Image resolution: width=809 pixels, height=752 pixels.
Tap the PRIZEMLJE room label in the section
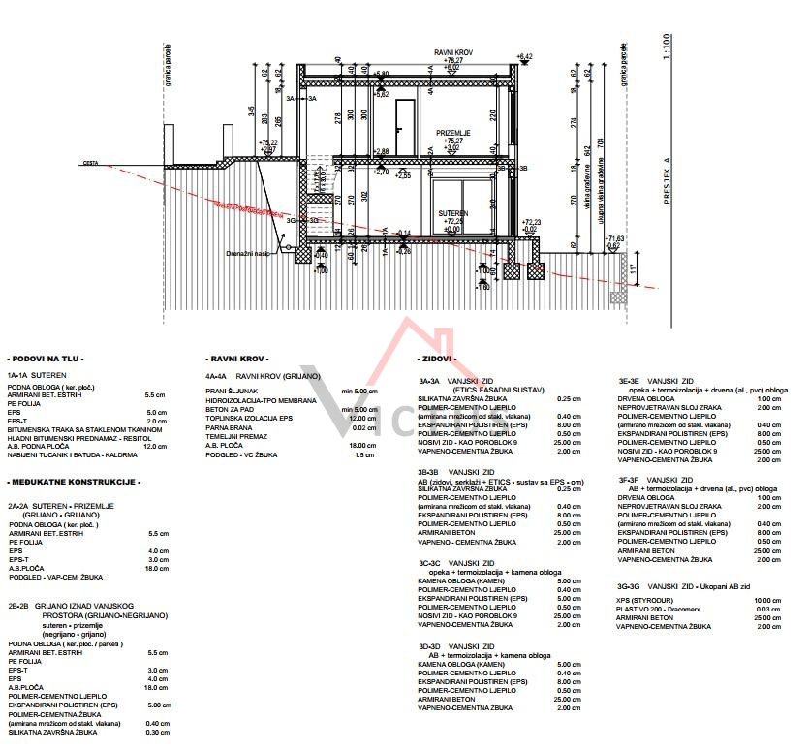(x=453, y=132)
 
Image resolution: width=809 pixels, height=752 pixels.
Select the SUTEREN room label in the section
(x=452, y=213)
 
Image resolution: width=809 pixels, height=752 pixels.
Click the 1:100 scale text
(x=666, y=47)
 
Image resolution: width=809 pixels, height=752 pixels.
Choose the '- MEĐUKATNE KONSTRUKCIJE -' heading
(x=74, y=482)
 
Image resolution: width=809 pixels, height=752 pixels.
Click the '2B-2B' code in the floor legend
(x=16, y=606)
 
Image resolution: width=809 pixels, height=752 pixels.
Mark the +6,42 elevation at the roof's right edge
(x=525, y=57)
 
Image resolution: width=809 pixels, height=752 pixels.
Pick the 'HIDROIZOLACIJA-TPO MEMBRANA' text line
(x=261, y=400)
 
